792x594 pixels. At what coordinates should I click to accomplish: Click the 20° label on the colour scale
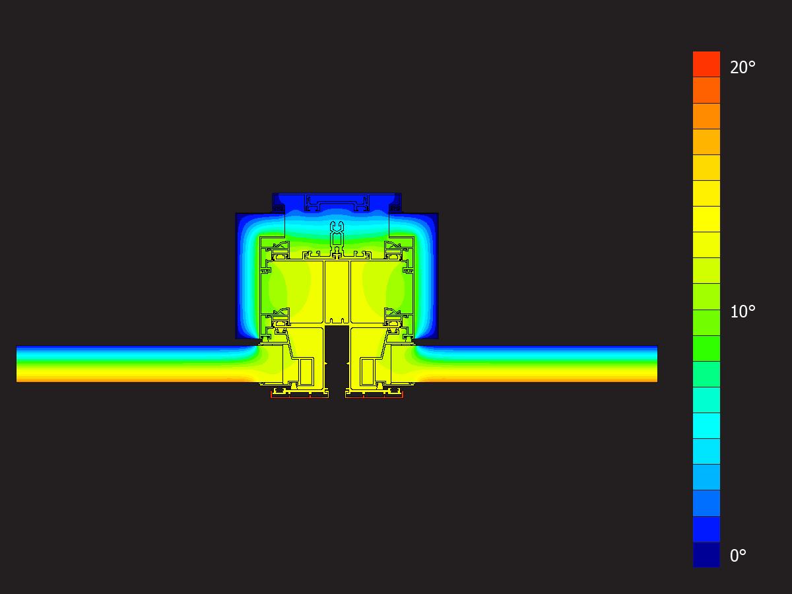[742, 67]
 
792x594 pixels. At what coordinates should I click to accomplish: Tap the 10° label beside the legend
[742, 312]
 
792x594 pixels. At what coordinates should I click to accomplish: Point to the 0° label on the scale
[738, 556]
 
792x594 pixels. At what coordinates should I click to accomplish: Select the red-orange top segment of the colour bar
[706, 64]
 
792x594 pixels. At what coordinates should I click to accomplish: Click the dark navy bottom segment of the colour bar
[706, 554]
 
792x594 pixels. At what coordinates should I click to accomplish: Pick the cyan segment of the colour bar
[706, 426]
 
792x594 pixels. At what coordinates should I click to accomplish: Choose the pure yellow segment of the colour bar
[706, 219]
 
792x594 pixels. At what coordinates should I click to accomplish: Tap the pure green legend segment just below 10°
[706, 348]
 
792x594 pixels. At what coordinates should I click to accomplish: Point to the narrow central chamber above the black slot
[337, 292]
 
